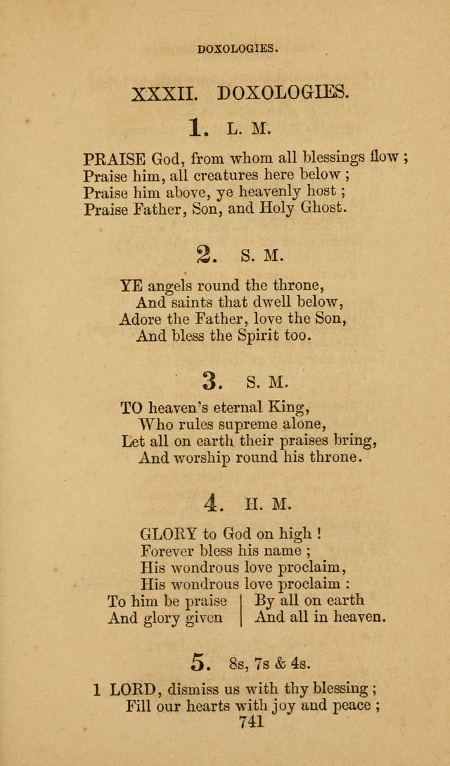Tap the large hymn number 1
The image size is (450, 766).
coord(197,128)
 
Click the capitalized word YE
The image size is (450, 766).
coord(131,286)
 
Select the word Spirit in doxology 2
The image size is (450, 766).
coord(237,336)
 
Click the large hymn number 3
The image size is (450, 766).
coord(212,381)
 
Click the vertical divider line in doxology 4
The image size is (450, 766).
coord(240,608)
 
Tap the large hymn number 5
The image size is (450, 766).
coord(201,661)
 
